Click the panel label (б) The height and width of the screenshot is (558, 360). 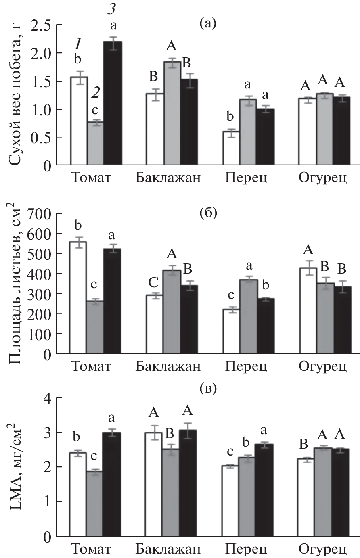click(208, 212)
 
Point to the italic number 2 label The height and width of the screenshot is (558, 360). click(96, 93)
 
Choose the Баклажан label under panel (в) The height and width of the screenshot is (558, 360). click(168, 550)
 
